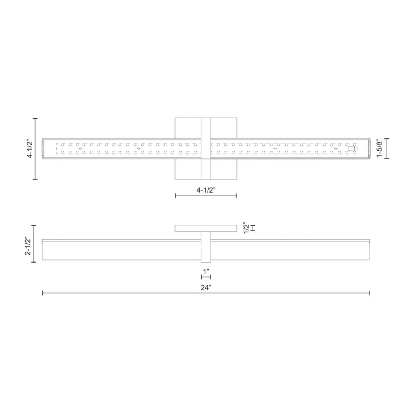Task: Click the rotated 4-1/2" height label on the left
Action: tap(29, 149)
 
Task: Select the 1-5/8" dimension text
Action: tap(395, 149)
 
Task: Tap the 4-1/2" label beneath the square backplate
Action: tap(205, 189)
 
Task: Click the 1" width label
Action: tap(205, 270)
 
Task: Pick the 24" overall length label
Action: tap(206, 287)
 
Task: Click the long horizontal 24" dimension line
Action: tap(115, 293)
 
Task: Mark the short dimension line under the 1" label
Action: tap(205, 276)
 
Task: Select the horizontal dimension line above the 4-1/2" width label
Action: tap(205, 196)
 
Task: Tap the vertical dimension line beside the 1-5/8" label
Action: tap(388, 149)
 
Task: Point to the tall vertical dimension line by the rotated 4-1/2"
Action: tap(36, 149)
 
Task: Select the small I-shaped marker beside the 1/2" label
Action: tap(253, 227)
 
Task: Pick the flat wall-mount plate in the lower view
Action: tap(205, 228)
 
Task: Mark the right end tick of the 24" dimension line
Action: tap(369, 293)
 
